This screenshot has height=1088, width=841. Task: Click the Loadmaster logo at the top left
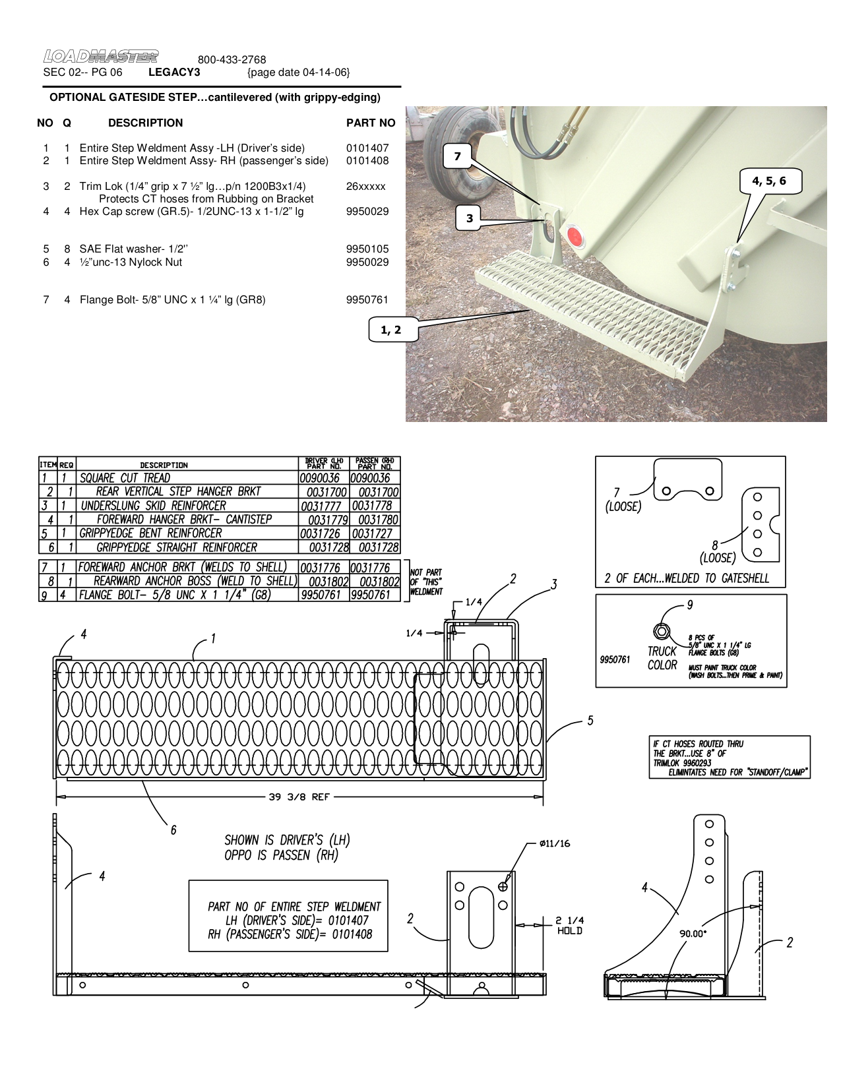click(101, 57)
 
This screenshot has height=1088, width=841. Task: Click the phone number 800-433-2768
click(232, 60)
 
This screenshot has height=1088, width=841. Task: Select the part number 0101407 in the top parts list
click(367, 148)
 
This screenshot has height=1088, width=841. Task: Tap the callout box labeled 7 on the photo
click(458, 157)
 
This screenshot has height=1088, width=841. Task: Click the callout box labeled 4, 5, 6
click(769, 181)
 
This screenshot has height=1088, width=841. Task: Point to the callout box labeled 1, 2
click(390, 330)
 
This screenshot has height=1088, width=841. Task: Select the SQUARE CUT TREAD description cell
click(125, 478)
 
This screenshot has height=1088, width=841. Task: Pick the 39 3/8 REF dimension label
click(299, 797)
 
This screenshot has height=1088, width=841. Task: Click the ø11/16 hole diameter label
click(554, 843)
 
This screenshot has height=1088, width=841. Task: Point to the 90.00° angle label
click(693, 934)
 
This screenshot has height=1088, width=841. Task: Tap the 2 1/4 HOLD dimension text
click(569, 925)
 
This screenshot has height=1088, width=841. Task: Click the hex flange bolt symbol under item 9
click(662, 632)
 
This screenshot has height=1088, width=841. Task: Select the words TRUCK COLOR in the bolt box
click(662, 658)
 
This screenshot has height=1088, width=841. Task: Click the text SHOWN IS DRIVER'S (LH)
click(287, 840)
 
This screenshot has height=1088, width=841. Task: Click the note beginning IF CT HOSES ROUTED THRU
click(729, 758)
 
